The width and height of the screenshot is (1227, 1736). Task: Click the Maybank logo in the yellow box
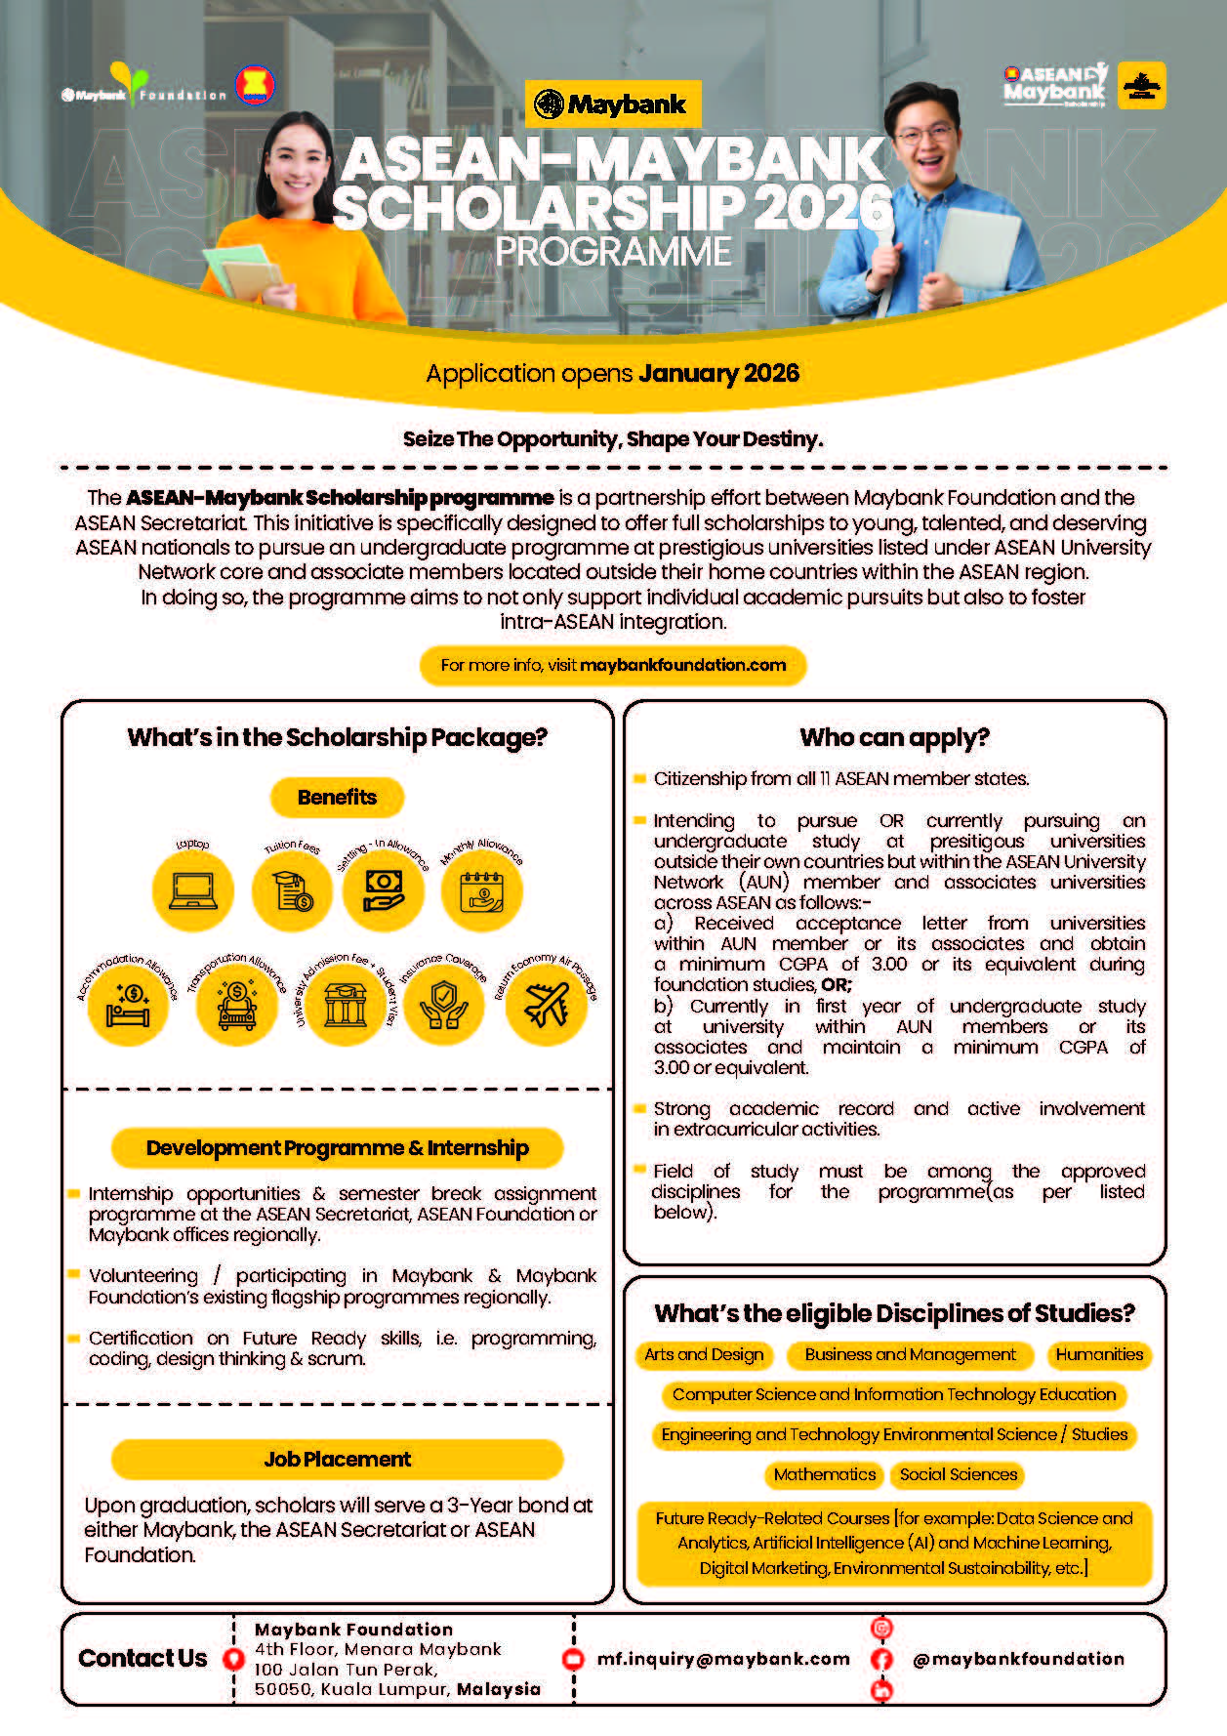[613, 103]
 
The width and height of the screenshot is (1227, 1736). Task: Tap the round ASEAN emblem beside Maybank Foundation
[255, 87]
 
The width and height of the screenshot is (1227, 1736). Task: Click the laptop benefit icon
[193, 889]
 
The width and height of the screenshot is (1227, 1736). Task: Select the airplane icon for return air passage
[547, 1005]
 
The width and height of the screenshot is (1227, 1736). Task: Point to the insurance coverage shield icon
[444, 1005]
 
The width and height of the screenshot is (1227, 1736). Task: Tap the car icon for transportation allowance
[237, 1005]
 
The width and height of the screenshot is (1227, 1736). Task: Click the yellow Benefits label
[337, 797]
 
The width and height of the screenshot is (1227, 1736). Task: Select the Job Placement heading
[337, 1459]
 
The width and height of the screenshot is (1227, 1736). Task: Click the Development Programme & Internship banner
[337, 1147]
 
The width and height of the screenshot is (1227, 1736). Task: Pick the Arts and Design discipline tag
[704, 1354]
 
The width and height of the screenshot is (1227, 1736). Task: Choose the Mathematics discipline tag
[824, 1474]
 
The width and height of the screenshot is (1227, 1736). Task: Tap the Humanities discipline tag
[1099, 1354]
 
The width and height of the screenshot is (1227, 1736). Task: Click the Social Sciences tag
[959, 1474]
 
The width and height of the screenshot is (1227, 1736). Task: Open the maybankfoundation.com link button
[613, 665]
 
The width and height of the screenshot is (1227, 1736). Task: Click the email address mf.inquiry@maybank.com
[723, 1659]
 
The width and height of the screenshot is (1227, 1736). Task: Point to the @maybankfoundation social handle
[1018, 1659]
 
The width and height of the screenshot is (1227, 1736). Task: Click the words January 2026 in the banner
[719, 373]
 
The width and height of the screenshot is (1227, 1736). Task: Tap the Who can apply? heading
[894, 737]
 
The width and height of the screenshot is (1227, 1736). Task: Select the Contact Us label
[143, 1659]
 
